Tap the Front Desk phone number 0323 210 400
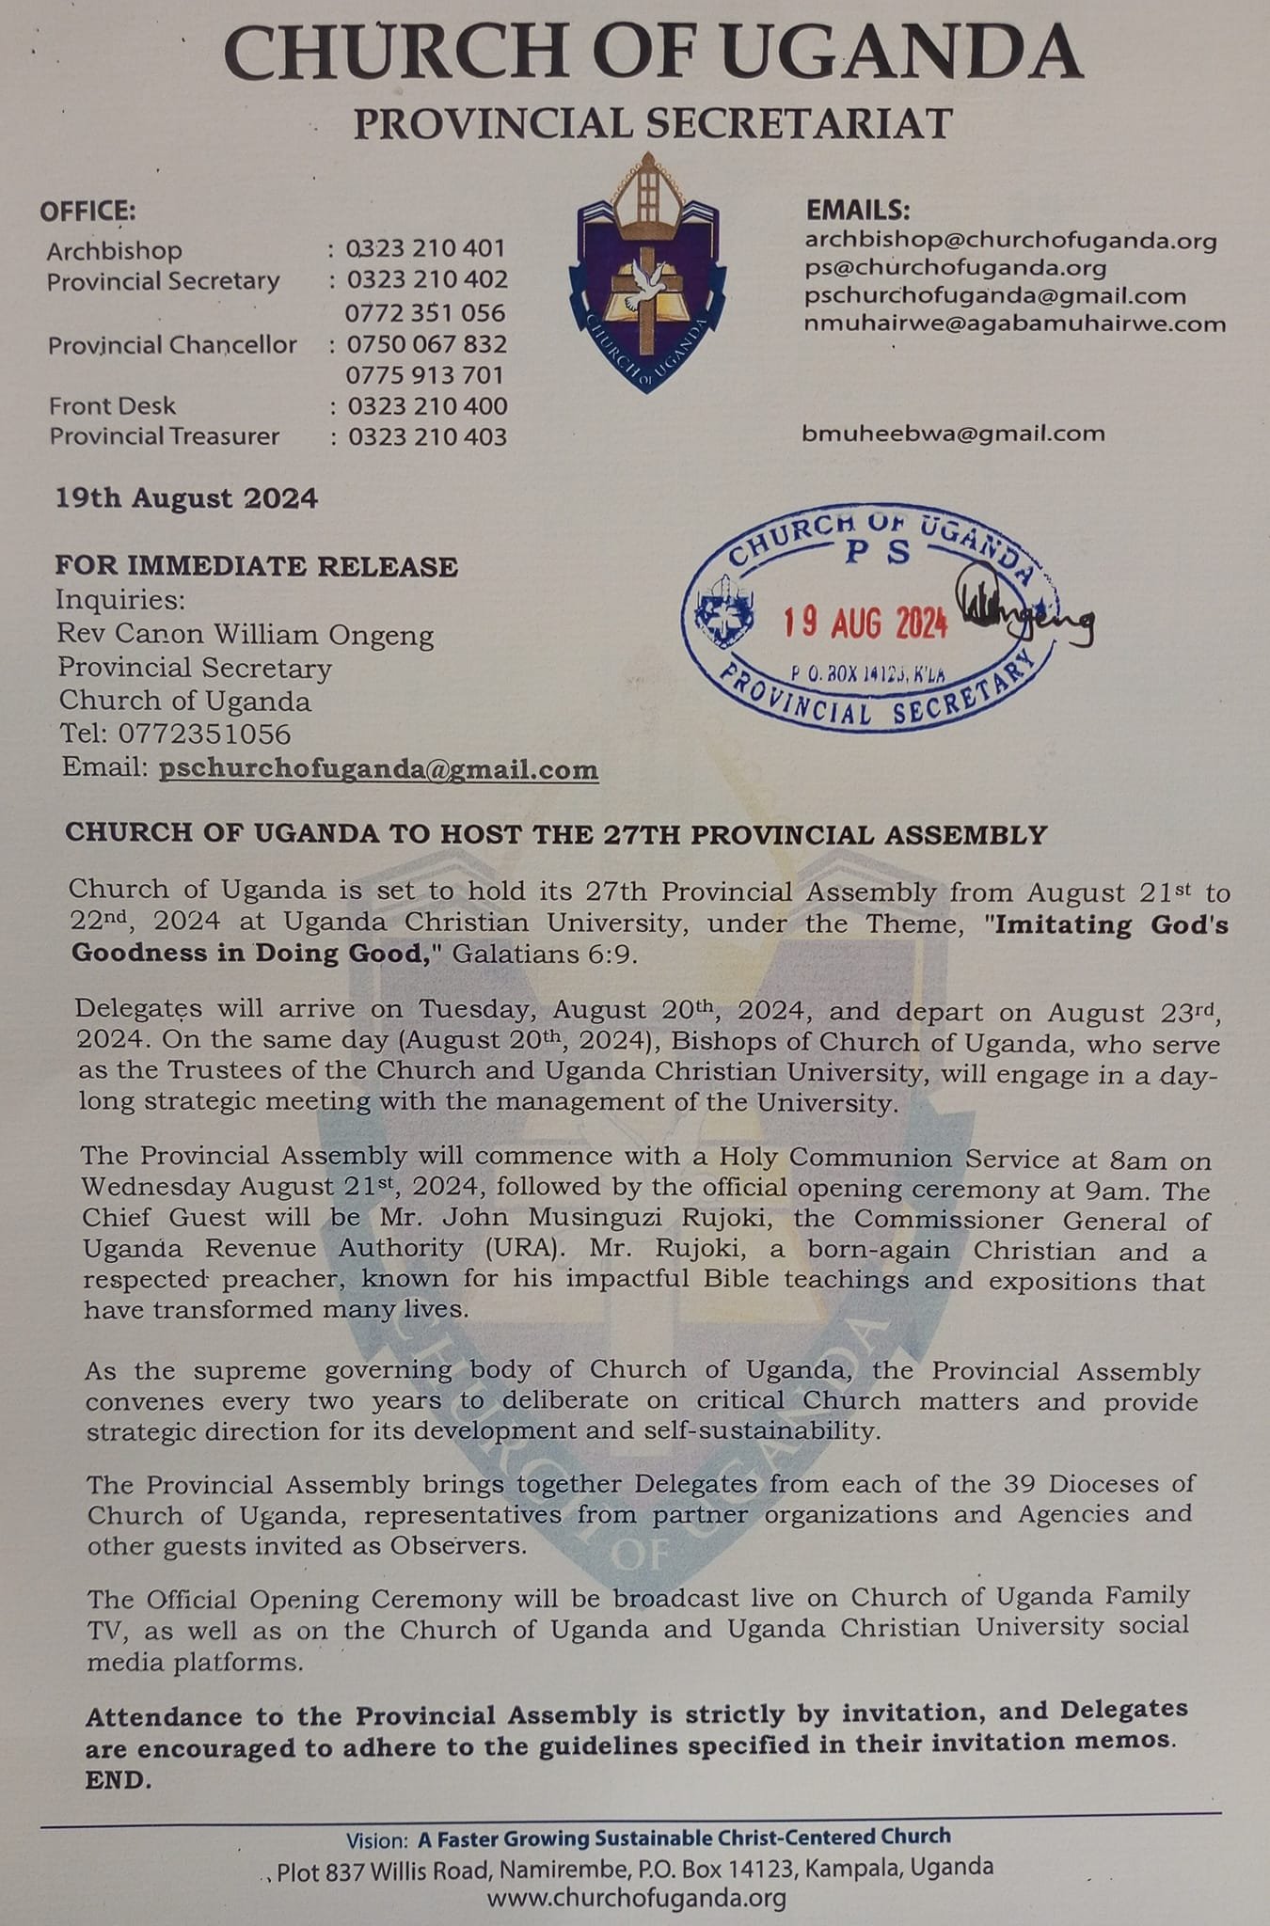(x=427, y=406)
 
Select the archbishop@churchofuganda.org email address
(x=1010, y=241)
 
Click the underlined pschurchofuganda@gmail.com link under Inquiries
(x=378, y=769)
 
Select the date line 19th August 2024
(x=186, y=497)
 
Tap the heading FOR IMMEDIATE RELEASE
(x=256, y=566)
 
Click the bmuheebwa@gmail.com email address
(x=953, y=434)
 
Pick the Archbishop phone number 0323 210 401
(x=425, y=249)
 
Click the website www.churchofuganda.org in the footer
(x=636, y=1898)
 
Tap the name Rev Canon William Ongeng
(x=245, y=635)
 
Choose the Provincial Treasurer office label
(x=165, y=436)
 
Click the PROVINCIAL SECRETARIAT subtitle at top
(x=653, y=124)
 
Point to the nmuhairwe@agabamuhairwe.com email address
(x=1015, y=324)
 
